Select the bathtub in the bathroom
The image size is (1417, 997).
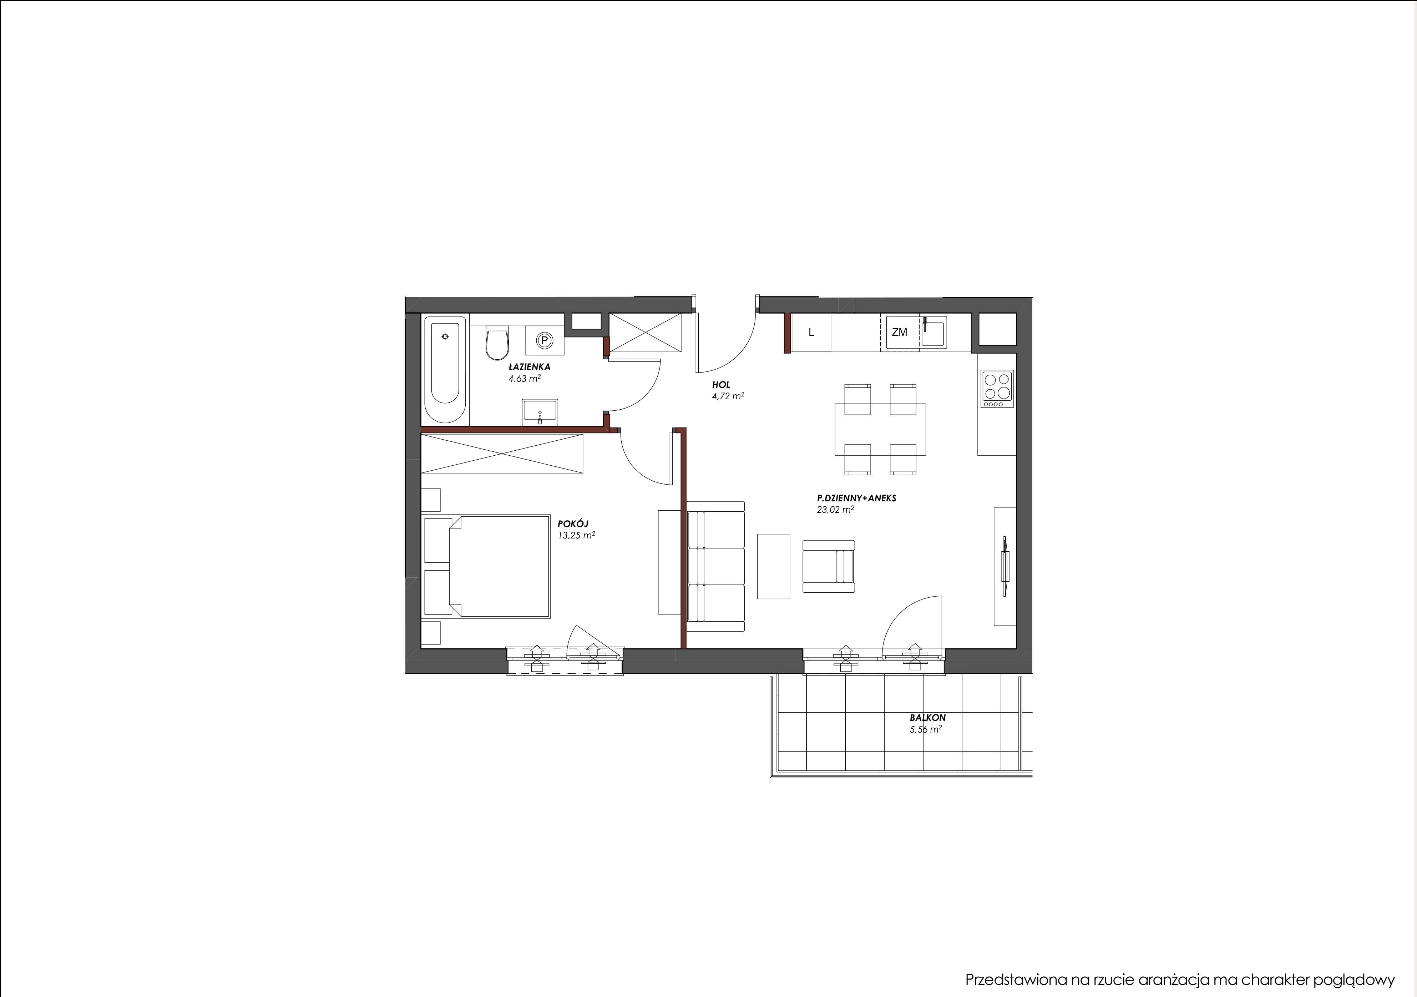[x=446, y=369]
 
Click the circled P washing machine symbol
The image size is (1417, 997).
[x=544, y=340]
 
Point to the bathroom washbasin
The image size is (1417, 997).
[x=540, y=412]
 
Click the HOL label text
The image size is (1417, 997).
[x=721, y=385]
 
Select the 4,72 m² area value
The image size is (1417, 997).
[x=728, y=396]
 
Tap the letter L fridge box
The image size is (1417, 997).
[x=811, y=333]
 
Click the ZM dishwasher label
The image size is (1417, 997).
[x=899, y=332]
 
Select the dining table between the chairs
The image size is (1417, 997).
[x=880, y=430]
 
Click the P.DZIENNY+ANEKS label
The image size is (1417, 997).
[x=856, y=498]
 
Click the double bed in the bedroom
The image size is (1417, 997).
[x=487, y=566]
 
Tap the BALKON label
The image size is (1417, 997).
[x=927, y=718]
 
